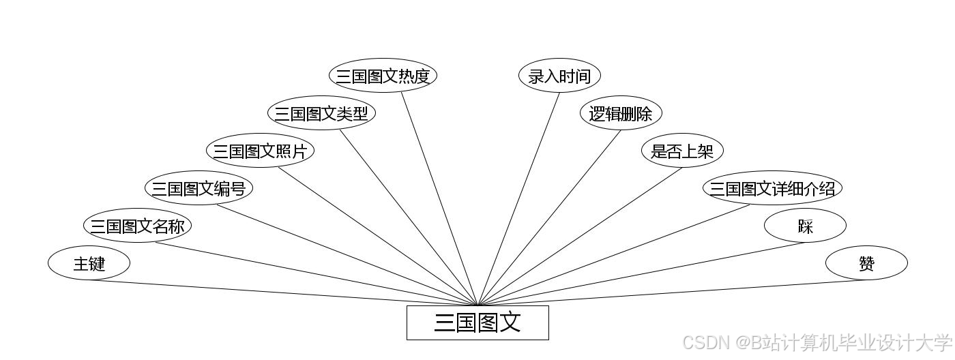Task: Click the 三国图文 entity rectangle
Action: (477, 322)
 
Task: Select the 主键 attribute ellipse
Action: (89, 263)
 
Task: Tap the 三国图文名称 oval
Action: (137, 226)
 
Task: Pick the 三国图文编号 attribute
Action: (199, 188)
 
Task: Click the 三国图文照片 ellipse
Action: (260, 151)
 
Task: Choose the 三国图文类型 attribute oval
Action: (321, 113)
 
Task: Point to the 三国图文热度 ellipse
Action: (383, 76)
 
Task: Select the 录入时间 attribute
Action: (559, 76)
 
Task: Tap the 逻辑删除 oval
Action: (621, 113)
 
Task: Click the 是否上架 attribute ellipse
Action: (682, 151)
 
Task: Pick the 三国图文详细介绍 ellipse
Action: (772, 188)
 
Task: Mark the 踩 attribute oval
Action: (805, 226)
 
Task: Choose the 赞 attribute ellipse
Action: (866, 263)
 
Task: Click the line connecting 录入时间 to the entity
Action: (518, 199)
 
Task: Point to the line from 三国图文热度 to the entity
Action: (439, 199)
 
